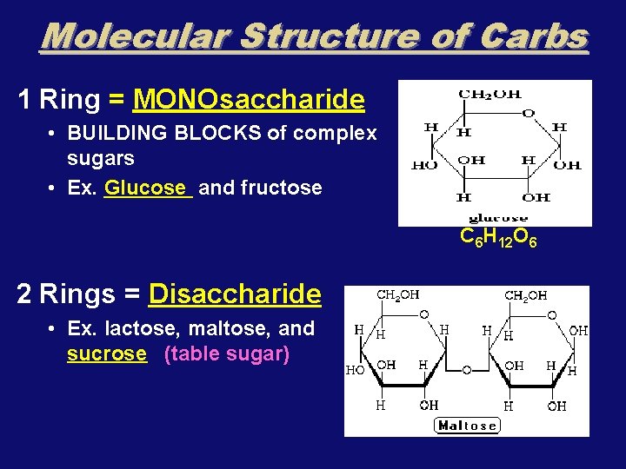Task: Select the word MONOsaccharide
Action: [x=248, y=100]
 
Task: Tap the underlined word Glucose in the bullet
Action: [x=144, y=188]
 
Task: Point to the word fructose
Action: [x=282, y=188]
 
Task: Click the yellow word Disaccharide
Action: [x=235, y=294]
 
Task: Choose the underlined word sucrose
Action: [x=107, y=354]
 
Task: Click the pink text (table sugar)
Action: [x=226, y=354]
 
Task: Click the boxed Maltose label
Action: [x=468, y=425]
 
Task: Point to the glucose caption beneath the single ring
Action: [x=498, y=217]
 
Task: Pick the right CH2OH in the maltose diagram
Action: [x=526, y=295]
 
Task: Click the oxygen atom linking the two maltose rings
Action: [x=466, y=370]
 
